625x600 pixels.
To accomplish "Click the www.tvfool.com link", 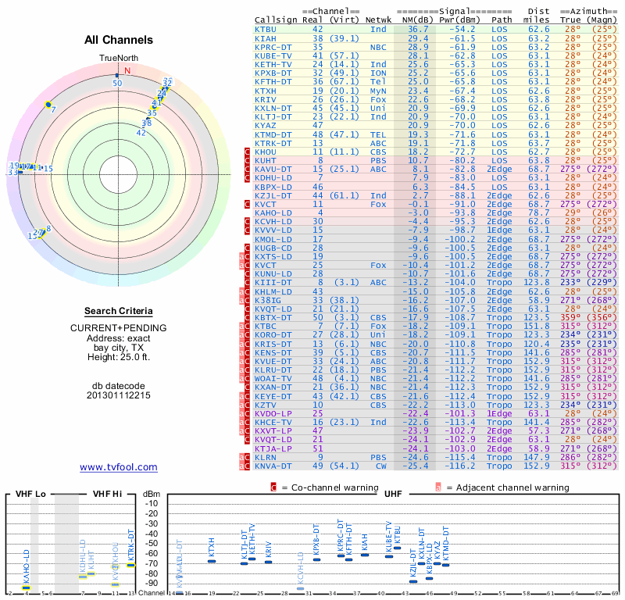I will pos(119,467).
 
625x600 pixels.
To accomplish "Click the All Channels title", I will pos(119,40).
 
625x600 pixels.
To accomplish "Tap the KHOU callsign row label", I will pos(269,152).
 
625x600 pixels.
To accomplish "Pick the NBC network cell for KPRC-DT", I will pos(378,47).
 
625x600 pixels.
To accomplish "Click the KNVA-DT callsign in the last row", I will pos(273,466).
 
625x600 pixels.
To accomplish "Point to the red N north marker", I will pos(127,70).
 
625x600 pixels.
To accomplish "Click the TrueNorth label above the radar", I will pos(119,59).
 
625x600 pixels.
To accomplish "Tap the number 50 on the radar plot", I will pos(117,82).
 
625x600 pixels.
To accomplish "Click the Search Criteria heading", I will pos(119,310).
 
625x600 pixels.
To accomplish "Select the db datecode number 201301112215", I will pos(119,395).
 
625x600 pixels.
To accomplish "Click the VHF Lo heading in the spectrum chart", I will pos(31,494).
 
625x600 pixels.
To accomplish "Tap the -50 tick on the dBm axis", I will pos(152,544).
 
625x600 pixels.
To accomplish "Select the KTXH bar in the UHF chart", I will pos(211,561).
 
